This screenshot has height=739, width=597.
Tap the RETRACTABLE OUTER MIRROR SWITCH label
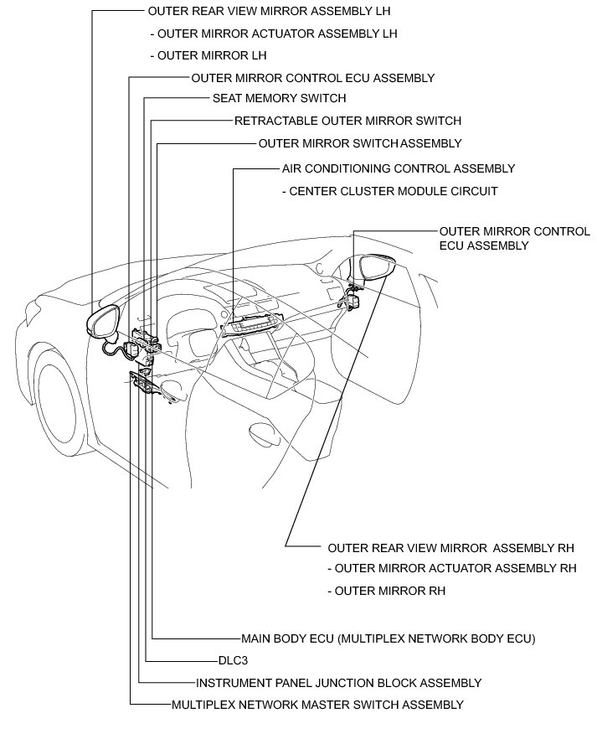coord(347,121)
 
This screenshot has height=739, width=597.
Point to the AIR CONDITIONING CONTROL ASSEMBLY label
coord(399,168)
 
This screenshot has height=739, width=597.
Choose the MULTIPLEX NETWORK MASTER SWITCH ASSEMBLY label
coord(317,705)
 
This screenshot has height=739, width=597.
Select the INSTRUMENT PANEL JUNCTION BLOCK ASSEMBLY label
coord(339,683)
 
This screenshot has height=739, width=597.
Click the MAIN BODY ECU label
coord(388,638)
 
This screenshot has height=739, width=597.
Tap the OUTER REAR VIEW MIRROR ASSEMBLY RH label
coord(450,548)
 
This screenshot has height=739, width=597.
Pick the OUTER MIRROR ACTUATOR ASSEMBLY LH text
coord(273,34)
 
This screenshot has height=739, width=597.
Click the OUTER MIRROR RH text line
coord(386,591)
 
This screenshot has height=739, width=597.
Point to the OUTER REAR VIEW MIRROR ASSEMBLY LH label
coord(269,12)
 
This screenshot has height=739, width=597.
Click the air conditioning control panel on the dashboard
coord(255,323)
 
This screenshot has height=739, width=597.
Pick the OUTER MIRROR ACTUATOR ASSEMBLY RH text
coord(452,568)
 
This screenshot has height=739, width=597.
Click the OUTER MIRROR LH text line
coord(207,56)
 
